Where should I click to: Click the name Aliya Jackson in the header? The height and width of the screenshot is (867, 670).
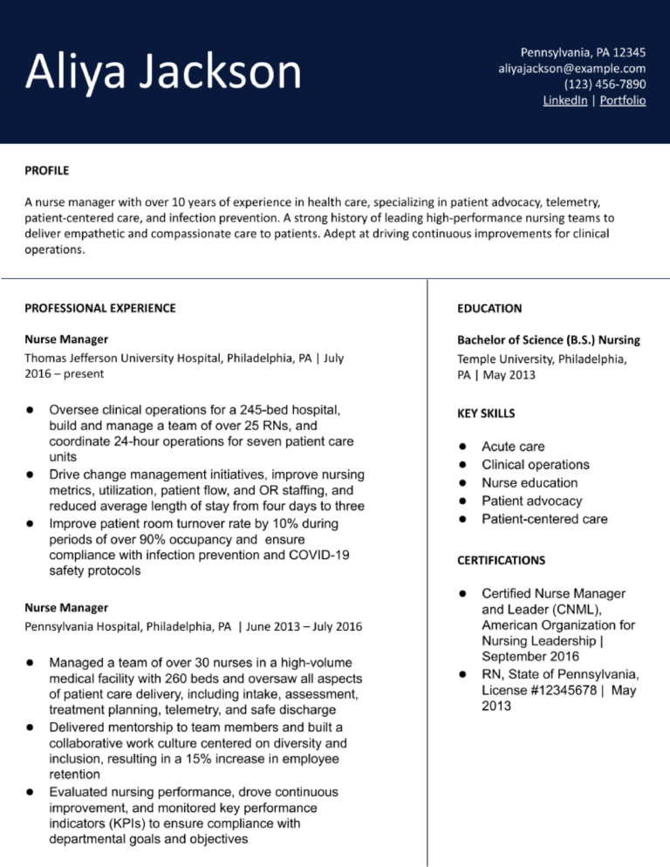click(x=164, y=72)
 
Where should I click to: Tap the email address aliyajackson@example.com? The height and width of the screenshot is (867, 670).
click(x=571, y=67)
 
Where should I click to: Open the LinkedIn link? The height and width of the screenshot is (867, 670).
click(x=564, y=100)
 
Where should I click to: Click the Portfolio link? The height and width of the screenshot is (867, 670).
click(x=623, y=100)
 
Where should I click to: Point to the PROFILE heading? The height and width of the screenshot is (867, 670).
click(x=46, y=170)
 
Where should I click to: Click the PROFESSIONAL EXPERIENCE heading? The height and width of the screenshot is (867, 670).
click(x=99, y=308)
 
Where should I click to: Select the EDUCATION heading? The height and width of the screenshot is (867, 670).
click(x=489, y=308)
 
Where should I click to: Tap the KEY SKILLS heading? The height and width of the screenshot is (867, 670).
click(x=486, y=413)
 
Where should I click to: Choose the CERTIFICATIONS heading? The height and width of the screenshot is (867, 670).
click(x=501, y=560)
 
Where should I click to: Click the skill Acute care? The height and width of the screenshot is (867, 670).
click(x=513, y=447)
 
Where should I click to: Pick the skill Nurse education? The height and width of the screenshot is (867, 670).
click(x=530, y=482)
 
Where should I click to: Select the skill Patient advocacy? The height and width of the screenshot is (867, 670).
click(x=532, y=501)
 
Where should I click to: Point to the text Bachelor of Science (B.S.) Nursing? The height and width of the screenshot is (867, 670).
click(x=549, y=339)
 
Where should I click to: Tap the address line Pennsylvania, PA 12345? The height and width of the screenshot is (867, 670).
click(x=583, y=51)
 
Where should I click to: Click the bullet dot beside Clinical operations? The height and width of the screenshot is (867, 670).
click(x=466, y=465)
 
